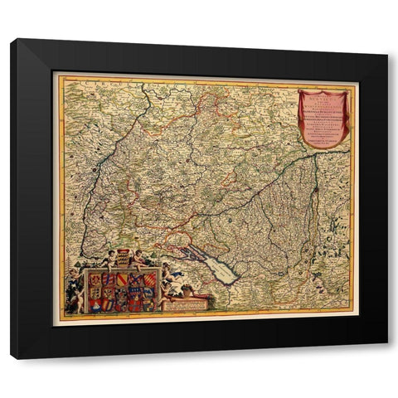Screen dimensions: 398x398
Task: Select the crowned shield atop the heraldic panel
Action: [123, 256]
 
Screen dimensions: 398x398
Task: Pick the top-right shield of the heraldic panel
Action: [149, 280]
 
